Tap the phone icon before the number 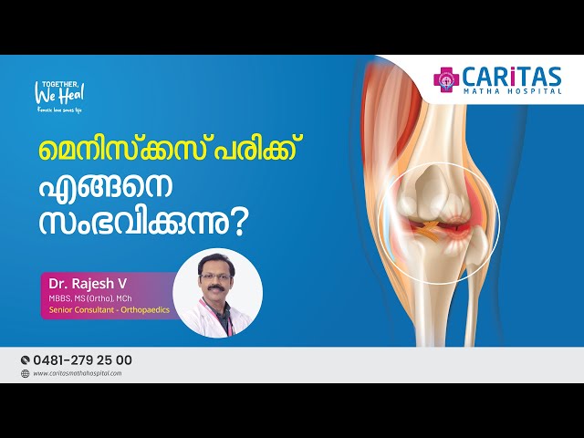25,360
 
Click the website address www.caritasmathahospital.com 77,373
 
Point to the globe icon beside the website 25,373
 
